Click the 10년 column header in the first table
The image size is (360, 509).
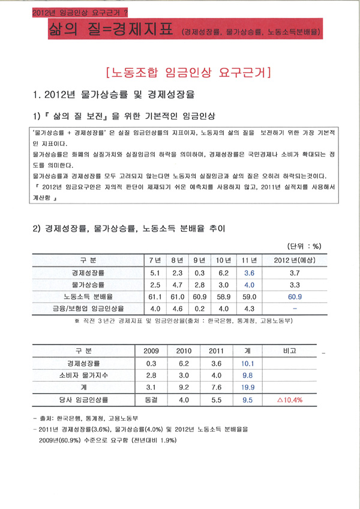pos(223,261)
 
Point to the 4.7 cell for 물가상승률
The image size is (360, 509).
pos(177,285)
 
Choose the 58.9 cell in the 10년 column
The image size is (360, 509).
pos(223,297)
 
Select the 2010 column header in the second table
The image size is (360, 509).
pos(184,351)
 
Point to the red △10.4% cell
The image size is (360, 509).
pos(289,399)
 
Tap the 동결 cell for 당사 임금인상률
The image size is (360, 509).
pos(151,399)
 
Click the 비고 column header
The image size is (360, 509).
pos(289,351)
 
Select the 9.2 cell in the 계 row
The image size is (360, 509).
pos(184,387)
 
